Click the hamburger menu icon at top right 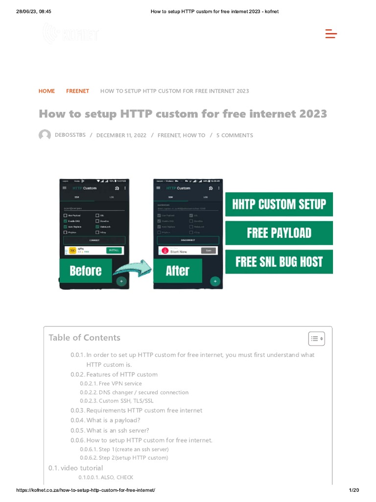click(331, 34)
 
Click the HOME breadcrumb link click(47, 91)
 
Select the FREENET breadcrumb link click(77, 91)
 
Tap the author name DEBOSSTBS click(70, 135)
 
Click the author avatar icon click(45, 135)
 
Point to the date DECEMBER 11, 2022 click(121, 135)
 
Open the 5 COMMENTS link click(235, 135)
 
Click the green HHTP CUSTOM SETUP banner click(279, 204)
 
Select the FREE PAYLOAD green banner click(279, 233)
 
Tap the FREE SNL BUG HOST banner click(279, 262)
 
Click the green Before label click(86, 271)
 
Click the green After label click(177, 271)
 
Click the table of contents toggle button click(316, 338)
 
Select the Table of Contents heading click(84, 338)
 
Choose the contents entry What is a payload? click(113, 421)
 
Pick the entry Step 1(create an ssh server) click(133, 450)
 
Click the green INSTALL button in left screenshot click(114, 250)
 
